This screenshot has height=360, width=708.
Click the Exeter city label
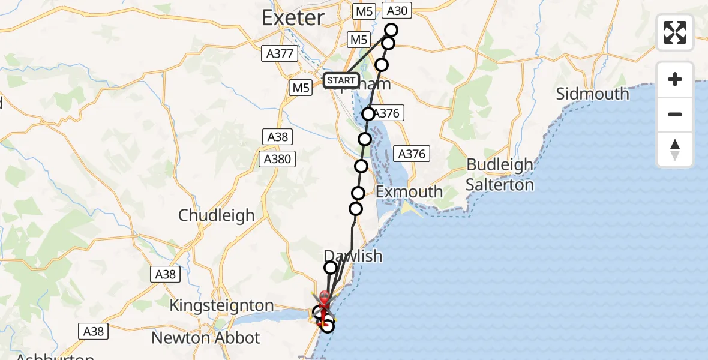pos(293,18)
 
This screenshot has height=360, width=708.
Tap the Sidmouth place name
pos(592,94)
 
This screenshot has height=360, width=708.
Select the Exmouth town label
pos(409,192)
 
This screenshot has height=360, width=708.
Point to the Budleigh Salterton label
pos(500,175)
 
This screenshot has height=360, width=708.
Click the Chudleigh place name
pos(217,215)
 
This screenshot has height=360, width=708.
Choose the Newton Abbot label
pos(205,338)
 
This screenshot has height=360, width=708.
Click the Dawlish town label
pos(353,256)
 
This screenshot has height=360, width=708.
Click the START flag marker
pos(341,80)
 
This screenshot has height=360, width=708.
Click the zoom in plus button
pos(675,79)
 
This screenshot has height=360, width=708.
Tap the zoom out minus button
pos(675,114)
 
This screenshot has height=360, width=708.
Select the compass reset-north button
pos(675,149)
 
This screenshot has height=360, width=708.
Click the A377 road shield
pos(280,53)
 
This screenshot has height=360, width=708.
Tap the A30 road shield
pos(397,11)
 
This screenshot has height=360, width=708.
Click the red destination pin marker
pos(325,298)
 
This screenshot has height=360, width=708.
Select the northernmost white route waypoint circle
pos(391,29)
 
